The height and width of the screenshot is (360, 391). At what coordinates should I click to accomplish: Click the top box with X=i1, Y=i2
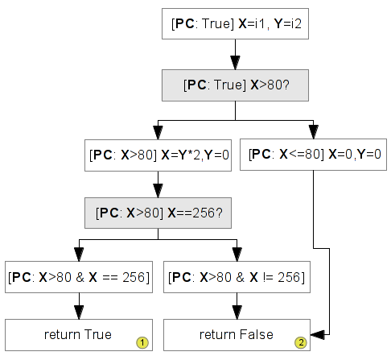click(235, 23)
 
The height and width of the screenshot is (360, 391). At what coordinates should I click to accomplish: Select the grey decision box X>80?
click(235, 85)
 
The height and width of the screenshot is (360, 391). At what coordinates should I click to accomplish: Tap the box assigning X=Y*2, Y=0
click(158, 155)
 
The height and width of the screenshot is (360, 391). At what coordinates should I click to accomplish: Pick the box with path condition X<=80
click(313, 155)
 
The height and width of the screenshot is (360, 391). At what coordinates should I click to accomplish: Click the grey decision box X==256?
click(158, 213)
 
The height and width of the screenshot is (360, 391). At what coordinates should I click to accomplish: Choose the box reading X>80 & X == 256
click(79, 277)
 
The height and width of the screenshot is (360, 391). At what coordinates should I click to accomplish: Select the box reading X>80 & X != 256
click(237, 277)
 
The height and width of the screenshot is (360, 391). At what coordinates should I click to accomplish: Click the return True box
click(79, 335)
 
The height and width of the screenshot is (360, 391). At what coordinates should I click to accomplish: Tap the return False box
click(237, 335)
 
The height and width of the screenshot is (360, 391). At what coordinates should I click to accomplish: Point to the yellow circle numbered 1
click(142, 342)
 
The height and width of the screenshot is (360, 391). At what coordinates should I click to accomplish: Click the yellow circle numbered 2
click(301, 342)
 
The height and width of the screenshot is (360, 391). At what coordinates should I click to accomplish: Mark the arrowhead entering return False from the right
click(317, 335)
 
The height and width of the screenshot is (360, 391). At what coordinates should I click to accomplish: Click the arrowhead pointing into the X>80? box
click(235, 63)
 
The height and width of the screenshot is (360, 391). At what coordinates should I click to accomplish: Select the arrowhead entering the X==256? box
click(158, 191)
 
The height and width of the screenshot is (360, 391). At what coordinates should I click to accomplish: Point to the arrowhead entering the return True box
click(79, 312)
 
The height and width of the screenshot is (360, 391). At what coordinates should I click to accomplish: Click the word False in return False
click(257, 335)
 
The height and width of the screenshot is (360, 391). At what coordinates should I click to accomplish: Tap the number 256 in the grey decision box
click(204, 213)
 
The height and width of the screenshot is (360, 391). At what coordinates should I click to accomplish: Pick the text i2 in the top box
click(296, 23)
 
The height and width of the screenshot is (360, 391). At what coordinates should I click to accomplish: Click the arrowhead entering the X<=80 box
click(313, 132)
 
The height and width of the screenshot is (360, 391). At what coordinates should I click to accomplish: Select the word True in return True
click(98, 335)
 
